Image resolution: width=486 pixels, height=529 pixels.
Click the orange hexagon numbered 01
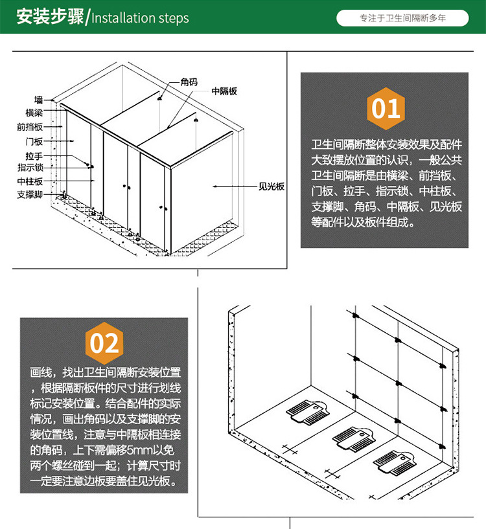[x=386, y=108]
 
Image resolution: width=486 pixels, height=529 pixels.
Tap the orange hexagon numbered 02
[x=104, y=343]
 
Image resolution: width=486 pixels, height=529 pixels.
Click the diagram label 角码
[x=189, y=82]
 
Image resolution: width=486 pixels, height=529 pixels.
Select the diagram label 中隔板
[x=224, y=91]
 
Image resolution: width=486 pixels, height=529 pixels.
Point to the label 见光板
[x=272, y=186]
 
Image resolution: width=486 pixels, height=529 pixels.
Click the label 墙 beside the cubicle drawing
[x=38, y=100]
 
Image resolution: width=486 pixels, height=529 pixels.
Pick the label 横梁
[x=34, y=113]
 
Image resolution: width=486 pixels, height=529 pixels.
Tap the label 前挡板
[x=30, y=127]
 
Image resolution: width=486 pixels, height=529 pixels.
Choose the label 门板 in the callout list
[x=34, y=141]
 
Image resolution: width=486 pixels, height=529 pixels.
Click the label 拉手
[x=34, y=156]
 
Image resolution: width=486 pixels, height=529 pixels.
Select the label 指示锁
[x=30, y=167]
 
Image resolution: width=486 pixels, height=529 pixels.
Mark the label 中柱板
[x=30, y=181]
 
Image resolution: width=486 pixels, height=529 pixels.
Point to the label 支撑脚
[x=30, y=195]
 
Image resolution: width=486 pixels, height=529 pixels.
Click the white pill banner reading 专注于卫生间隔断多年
[x=402, y=18]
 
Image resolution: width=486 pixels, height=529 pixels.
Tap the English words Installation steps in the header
[x=140, y=18]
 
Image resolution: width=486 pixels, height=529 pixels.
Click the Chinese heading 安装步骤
[x=50, y=17]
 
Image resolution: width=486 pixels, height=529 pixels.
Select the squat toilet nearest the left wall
[x=308, y=412]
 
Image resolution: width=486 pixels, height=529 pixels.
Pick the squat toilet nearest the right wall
[x=395, y=463]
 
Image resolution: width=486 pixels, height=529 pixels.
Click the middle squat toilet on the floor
[x=353, y=438]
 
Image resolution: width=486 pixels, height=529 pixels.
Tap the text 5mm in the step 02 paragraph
[x=137, y=450]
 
